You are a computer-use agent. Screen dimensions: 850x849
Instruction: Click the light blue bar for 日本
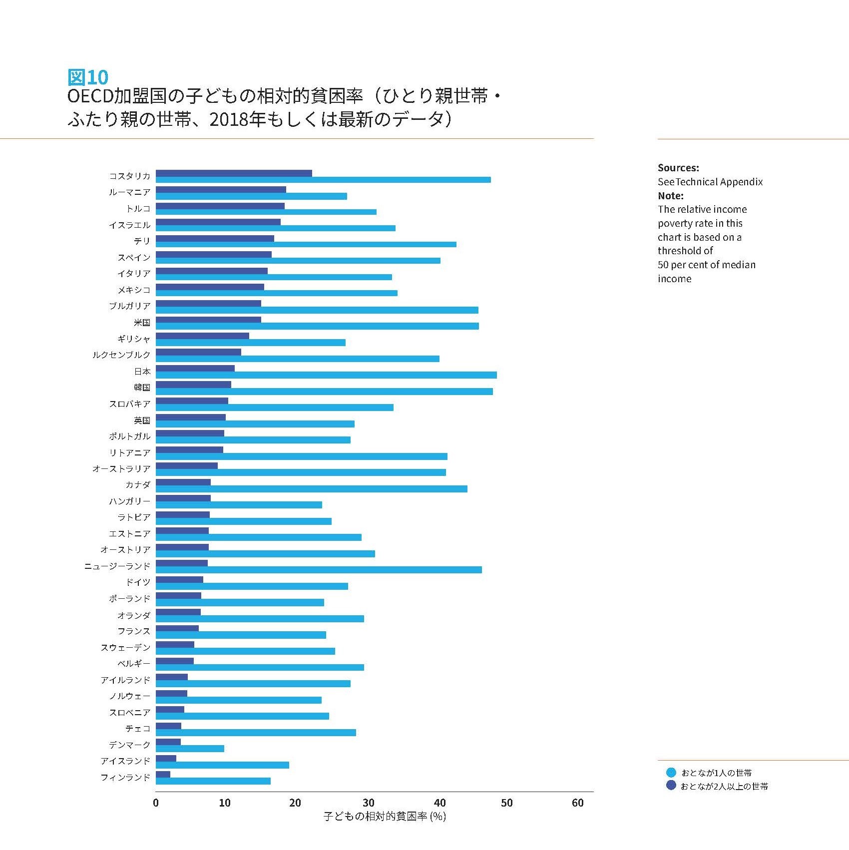click(x=326, y=375)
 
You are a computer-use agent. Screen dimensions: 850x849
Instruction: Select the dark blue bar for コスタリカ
click(x=234, y=173)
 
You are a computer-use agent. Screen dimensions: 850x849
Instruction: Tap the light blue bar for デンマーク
click(x=190, y=749)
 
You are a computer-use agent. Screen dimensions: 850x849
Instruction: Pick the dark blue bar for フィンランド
click(x=163, y=775)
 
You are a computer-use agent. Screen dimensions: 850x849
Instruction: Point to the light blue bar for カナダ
click(x=312, y=489)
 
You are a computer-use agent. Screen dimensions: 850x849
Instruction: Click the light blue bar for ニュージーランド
click(x=319, y=570)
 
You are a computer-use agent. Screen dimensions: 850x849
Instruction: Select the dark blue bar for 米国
click(x=208, y=320)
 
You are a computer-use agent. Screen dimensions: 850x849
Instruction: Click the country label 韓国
click(x=142, y=388)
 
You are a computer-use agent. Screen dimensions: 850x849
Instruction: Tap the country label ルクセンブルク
click(x=121, y=355)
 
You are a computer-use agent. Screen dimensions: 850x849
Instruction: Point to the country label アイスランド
click(x=125, y=761)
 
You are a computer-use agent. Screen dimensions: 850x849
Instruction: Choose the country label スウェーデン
click(x=125, y=648)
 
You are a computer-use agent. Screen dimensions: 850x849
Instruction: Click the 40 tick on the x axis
click(x=440, y=803)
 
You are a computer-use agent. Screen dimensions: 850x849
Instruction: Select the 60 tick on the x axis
click(x=577, y=803)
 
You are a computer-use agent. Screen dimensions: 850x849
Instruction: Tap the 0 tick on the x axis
click(x=156, y=803)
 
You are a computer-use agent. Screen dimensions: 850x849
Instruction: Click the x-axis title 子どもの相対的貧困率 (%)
click(x=385, y=817)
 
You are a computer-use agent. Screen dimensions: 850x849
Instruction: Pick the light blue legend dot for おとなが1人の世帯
click(x=671, y=773)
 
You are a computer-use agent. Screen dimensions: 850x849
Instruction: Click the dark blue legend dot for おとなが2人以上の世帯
click(x=671, y=786)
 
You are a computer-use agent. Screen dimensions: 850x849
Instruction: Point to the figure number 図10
click(x=88, y=77)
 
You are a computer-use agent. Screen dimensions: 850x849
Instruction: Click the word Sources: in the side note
click(x=678, y=168)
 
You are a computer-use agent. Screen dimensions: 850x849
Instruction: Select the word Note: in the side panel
click(x=670, y=196)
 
